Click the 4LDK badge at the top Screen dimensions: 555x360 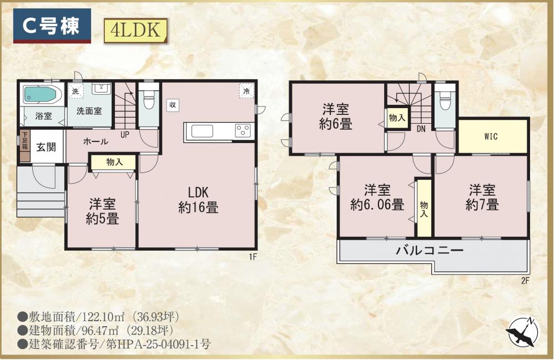[135, 31]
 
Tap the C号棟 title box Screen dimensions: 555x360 [52, 26]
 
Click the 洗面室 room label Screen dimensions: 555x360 [89, 111]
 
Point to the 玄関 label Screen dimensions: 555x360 [46, 147]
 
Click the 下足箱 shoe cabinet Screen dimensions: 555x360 [25, 146]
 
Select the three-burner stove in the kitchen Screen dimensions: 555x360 [243, 130]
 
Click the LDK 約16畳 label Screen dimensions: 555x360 [198, 200]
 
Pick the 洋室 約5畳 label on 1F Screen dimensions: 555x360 [102, 211]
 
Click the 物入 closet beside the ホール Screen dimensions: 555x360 [114, 163]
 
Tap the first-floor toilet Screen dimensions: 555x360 [149, 100]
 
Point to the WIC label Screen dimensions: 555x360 [491, 136]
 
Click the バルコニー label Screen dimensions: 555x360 [430, 251]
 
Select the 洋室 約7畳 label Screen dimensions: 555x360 [482, 197]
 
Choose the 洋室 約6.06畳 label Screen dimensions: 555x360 [377, 197]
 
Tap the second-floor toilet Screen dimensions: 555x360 [445, 101]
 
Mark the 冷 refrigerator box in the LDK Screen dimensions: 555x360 [246, 90]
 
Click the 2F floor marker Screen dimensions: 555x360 [525, 281]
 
